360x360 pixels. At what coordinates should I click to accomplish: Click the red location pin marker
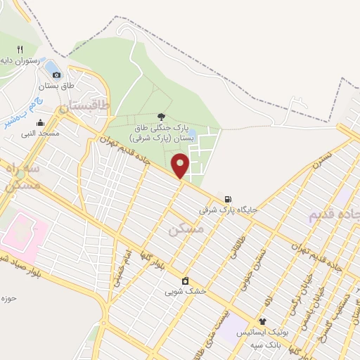coord(181,165)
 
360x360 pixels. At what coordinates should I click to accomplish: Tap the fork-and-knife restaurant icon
coord(20,49)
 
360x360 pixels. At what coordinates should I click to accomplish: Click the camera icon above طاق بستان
coord(57,74)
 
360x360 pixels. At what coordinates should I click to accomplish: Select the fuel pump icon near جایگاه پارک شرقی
coord(228,199)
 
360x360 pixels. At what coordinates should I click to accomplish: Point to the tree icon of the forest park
coord(162,116)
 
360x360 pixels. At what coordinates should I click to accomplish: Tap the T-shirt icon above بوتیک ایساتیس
coord(262,321)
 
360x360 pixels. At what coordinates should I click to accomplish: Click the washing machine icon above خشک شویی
coord(185,281)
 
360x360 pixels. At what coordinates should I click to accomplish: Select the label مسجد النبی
coord(41,133)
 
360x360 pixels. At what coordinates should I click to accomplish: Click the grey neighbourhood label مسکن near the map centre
coord(186,229)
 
